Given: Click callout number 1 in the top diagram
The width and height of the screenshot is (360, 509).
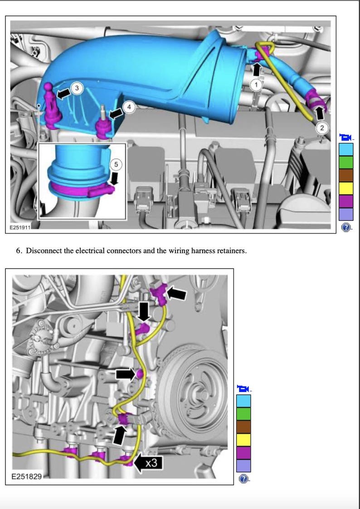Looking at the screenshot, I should coord(257,84).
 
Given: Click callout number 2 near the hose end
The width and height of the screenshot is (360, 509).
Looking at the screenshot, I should coord(322,128).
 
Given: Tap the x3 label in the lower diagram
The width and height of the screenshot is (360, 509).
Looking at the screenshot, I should coord(151,464).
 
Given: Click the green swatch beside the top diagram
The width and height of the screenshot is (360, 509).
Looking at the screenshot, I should coord(345,162).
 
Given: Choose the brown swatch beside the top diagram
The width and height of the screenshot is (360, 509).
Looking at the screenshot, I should coord(345,175).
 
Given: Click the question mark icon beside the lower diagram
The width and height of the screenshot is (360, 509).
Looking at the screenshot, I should coord(243,479).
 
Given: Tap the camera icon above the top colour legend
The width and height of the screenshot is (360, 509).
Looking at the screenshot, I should coord(345,137).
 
